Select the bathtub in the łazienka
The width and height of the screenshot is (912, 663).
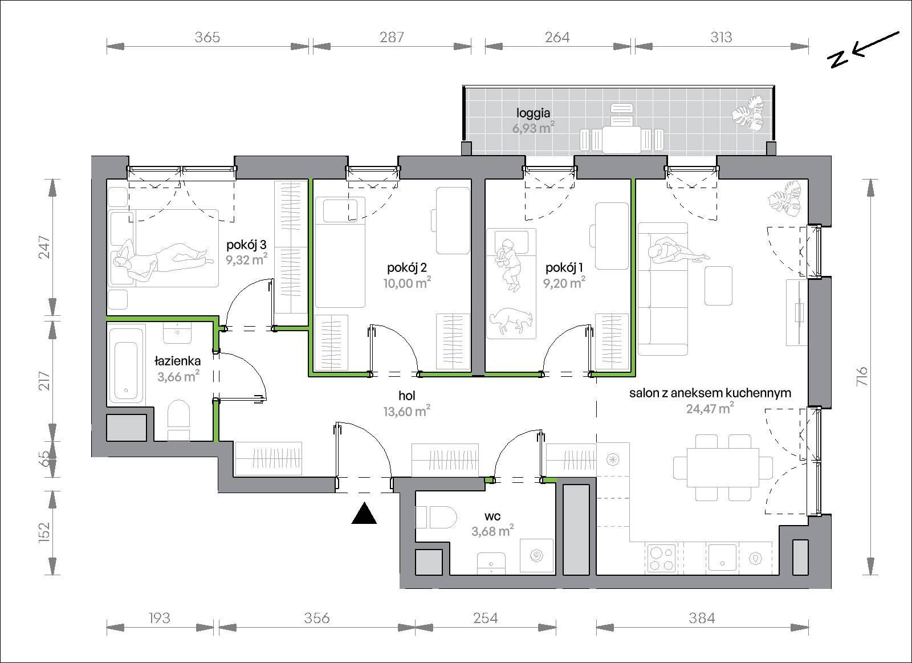pyautogui.click(x=126, y=371)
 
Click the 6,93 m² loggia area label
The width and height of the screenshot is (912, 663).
pyautogui.click(x=534, y=128)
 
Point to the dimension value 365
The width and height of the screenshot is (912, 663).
pyautogui.click(x=207, y=38)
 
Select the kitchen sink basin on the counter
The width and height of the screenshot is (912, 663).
pyautogui.click(x=723, y=558)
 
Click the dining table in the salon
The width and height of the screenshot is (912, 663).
pyautogui.click(x=723, y=467)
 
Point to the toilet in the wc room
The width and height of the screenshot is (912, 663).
pyautogui.click(x=437, y=517)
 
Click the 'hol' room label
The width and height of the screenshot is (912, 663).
pyautogui.click(x=407, y=396)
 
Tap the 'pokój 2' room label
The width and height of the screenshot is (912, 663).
pyautogui.click(x=407, y=267)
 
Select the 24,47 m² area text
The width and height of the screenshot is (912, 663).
pyautogui.click(x=710, y=408)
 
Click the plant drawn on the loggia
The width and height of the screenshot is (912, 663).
pyautogui.click(x=748, y=113)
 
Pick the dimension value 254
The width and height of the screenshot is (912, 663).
pyautogui.click(x=485, y=618)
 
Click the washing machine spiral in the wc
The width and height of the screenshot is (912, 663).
pyautogui.click(x=536, y=555)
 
